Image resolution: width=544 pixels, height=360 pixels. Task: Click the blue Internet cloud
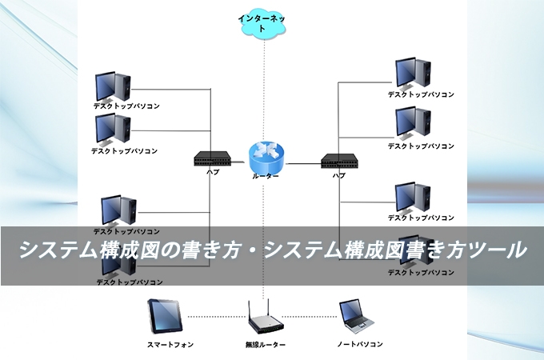point(262,23)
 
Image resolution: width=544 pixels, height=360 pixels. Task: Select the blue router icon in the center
point(265,155)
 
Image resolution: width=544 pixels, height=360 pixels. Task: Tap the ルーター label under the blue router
point(266,176)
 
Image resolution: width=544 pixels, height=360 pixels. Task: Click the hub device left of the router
point(213,158)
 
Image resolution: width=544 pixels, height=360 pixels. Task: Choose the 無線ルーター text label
point(266,345)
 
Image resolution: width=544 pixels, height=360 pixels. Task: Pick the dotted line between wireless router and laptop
point(312,313)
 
